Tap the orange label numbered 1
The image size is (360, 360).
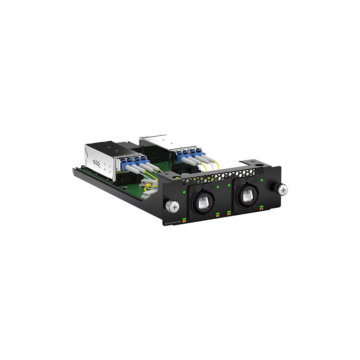(184, 221)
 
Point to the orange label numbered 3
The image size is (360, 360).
(229, 214)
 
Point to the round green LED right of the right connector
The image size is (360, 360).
(262, 180)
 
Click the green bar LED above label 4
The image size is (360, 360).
(262, 206)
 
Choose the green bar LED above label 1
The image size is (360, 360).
(184, 218)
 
